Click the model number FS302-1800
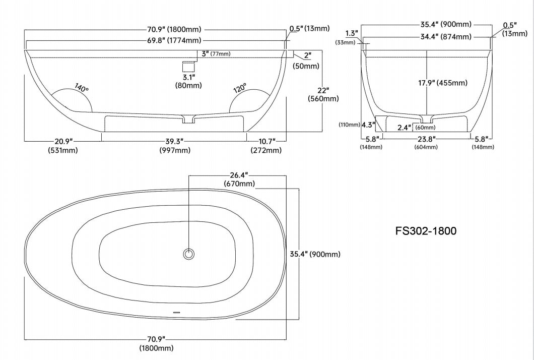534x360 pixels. click(x=426, y=231)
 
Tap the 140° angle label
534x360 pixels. click(x=82, y=87)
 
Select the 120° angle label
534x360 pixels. click(x=239, y=88)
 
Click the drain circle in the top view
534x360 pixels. click(x=189, y=254)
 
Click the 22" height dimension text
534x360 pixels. click(x=323, y=90)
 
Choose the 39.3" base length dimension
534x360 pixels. click(x=175, y=141)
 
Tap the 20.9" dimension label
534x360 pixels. click(x=62, y=141)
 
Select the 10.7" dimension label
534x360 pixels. click(x=266, y=141)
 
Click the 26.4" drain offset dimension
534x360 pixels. click(x=239, y=175)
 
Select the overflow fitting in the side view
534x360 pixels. click(x=188, y=66)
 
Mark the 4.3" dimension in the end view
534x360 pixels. click(x=368, y=125)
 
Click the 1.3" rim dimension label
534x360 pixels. click(x=353, y=33)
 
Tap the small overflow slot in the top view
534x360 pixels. click(x=176, y=313)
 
